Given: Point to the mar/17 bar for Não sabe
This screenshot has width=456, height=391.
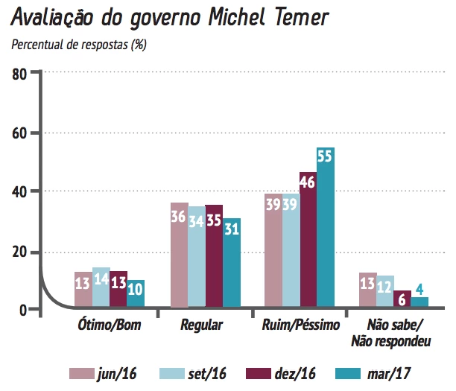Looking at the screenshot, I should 419,302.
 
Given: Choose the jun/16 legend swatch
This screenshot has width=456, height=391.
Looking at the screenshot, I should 83,373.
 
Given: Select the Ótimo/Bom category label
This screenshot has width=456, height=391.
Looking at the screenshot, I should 110,325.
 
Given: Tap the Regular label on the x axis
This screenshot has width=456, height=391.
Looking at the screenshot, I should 201,325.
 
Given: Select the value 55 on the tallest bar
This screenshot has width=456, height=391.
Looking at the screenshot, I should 325,156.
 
